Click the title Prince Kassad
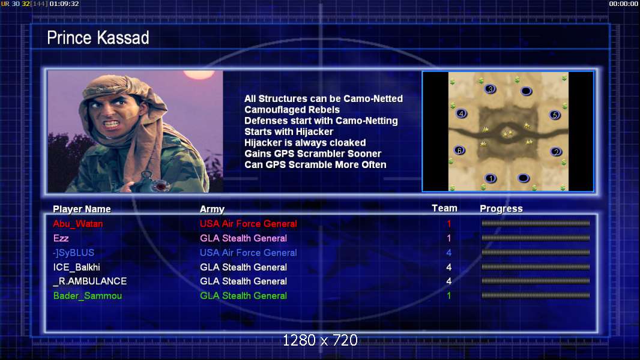pyautogui.click(x=98, y=38)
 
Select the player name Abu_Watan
pyautogui.click(x=77, y=224)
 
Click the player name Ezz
pyautogui.click(x=61, y=238)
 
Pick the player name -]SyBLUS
pyautogui.click(x=73, y=253)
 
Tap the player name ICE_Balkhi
pyautogui.click(x=76, y=268)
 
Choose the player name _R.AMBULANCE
pyautogui.click(x=90, y=281)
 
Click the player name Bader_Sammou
pyautogui.click(x=87, y=296)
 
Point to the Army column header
pyautogui.click(x=212, y=209)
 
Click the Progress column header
pyautogui.click(x=501, y=209)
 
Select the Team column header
pyautogui.click(x=444, y=208)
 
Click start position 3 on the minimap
pyautogui.click(x=490, y=89)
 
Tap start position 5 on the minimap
pyautogui.click(x=555, y=115)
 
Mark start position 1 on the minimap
pyautogui.click(x=491, y=178)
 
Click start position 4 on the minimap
pyautogui.click(x=461, y=113)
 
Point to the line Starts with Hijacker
pyautogui.click(x=289, y=131)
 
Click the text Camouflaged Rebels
pyautogui.click(x=292, y=110)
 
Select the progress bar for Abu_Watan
pyautogui.click(x=536, y=223)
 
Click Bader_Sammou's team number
pyautogui.click(x=449, y=296)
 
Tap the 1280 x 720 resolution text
pyautogui.click(x=320, y=340)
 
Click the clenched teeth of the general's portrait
pyautogui.click(x=111, y=124)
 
